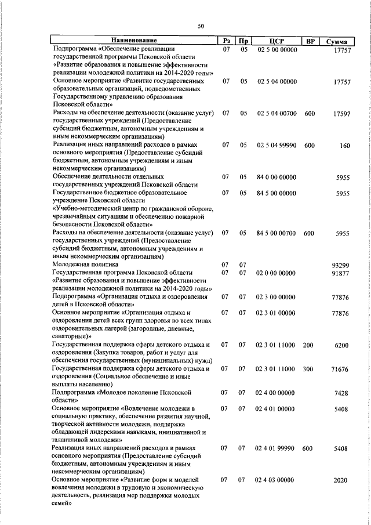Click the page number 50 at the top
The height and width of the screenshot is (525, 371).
[201, 26]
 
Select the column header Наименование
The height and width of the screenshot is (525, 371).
[134, 41]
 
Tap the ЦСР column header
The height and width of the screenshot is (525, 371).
[276, 41]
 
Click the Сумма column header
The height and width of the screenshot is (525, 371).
[337, 42]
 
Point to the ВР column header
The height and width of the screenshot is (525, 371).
[310, 41]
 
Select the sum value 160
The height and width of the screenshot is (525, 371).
[344, 146]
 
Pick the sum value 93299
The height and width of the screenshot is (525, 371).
[340, 265]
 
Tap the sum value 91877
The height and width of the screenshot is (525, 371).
[340, 274]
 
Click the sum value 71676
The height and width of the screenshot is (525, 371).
[340, 369]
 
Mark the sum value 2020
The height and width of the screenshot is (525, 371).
[342, 481]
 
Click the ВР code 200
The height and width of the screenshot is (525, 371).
[308, 345]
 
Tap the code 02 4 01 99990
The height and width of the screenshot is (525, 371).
[276, 449]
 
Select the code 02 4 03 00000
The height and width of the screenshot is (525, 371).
[276, 481]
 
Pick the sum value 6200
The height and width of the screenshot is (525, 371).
[342, 345]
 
